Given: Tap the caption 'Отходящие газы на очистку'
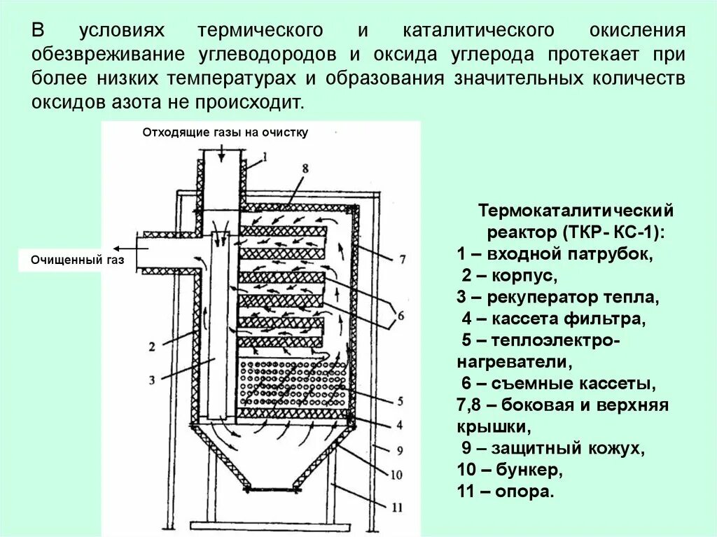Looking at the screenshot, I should tap(225, 132).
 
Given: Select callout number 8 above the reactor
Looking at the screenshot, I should tap(305, 169).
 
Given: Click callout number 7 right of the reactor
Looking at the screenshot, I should tap(402, 260).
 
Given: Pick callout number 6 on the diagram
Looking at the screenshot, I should tap(400, 314).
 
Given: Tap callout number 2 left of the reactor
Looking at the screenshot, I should tap(152, 345).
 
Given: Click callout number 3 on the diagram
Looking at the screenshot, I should tap(152, 380).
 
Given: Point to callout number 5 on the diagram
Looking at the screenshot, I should tap(399, 402).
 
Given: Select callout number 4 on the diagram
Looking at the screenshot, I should tap(399, 424).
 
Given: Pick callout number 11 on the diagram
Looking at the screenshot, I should tap(396, 505).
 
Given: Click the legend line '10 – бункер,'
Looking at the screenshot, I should tap(510, 469).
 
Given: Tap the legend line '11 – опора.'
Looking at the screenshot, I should tap(505, 491).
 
